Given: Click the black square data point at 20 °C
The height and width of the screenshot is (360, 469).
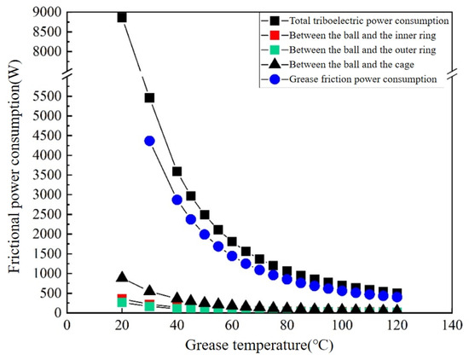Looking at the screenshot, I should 122,17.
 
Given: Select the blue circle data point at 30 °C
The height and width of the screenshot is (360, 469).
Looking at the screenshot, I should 149,141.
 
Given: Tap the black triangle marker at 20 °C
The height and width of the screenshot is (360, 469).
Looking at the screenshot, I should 122,277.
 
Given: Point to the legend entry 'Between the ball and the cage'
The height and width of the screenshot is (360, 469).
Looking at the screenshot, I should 341,63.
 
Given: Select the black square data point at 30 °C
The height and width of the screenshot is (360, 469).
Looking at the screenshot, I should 149,98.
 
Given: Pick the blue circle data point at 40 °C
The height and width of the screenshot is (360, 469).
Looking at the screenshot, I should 177,200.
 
